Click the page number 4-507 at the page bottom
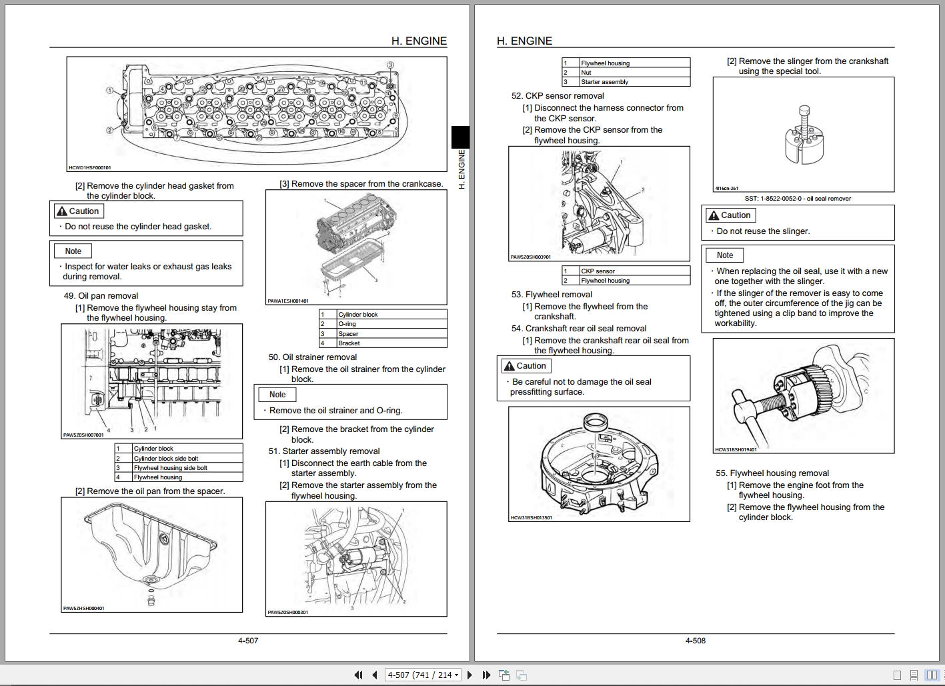pos(247,641)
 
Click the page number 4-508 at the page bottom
pos(695,641)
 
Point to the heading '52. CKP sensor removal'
pos(558,96)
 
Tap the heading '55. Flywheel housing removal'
pos(772,473)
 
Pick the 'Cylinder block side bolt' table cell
pos(165,459)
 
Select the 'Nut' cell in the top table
pos(586,73)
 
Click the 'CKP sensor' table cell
pos(598,271)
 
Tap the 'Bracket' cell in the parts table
pos(349,343)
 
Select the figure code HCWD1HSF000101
pos(90,168)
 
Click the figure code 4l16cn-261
pos(726,189)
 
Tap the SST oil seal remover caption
pos(798,199)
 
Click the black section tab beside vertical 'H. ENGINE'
pos(461,137)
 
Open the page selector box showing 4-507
pos(423,675)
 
